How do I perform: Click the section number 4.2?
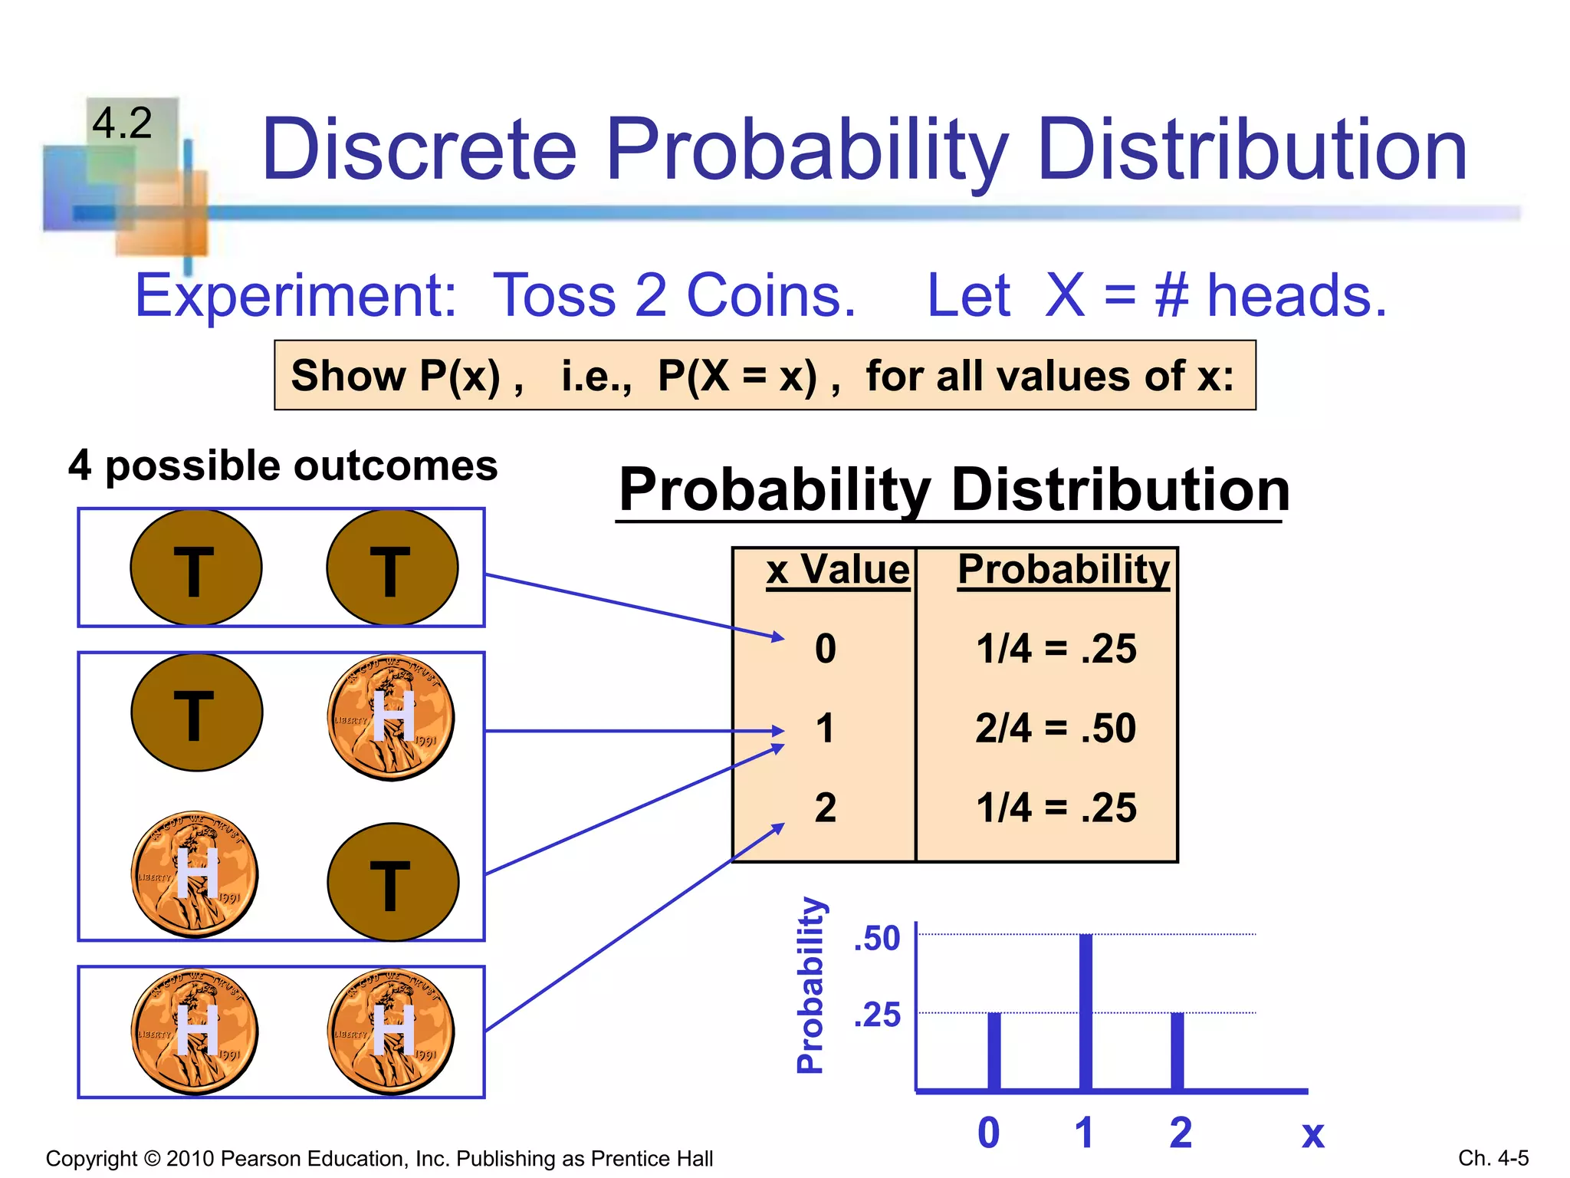pyautogui.click(x=123, y=123)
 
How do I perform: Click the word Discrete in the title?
pyautogui.click(x=419, y=150)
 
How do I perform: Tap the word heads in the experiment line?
pyautogui.click(x=1297, y=296)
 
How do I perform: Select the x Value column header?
pyautogui.click(x=837, y=571)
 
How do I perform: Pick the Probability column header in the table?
pyautogui.click(x=1063, y=571)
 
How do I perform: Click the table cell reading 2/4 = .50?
pyautogui.click(x=1056, y=729)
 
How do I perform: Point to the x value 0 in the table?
pyautogui.click(x=826, y=649)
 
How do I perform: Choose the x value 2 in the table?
pyautogui.click(x=826, y=808)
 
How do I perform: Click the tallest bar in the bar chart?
pyautogui.click(x=1086, y=1012)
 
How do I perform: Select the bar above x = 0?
pyautogui.click(x=994, y=1051)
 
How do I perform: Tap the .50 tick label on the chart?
pyautogui.click(x=878, y=939)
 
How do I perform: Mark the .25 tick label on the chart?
pyautogui.click(x=878, y=1015)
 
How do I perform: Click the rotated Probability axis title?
pyautogui.click(x=810, y=985)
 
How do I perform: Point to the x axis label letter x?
pyautogui.click(x=1313, y=1134)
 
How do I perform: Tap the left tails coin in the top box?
pyautogui.click(x=196, y=568)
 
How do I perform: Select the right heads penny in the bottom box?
pyautogui.click(x=391, y=1032)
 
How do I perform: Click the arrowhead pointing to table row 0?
pyautogui.click(x=778, y=637)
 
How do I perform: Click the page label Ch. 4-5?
pyautogui.click(x=1493, y=1158)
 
